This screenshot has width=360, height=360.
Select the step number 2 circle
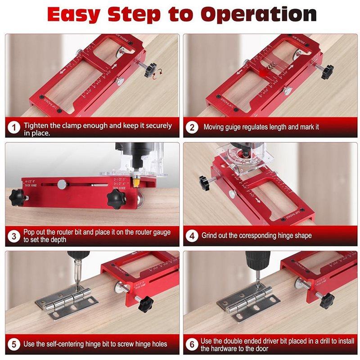click(192, 127)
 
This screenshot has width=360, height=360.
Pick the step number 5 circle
click(15, 345)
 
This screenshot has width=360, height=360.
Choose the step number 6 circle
click(192, 345)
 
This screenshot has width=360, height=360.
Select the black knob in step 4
click(205, 182)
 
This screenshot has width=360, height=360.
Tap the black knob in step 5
click(145, 304)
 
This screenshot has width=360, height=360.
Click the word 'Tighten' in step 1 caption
click(37, 126)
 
